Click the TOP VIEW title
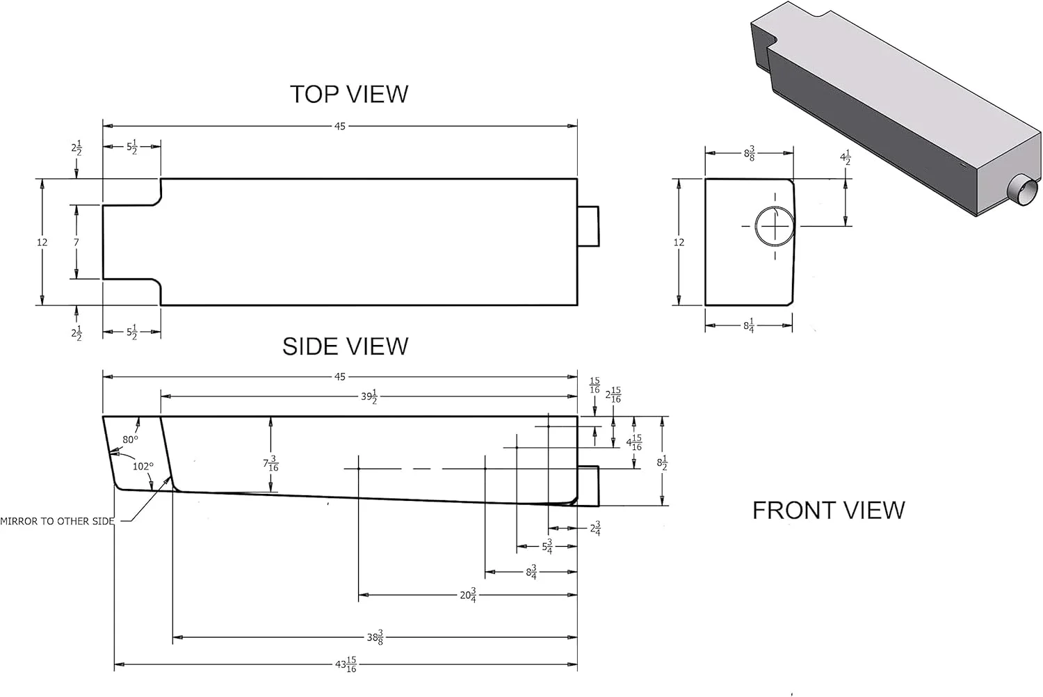pyautogui.click(x=348, y=94)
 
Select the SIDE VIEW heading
pyautogui.click(x=345, y=346)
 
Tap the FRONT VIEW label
pyautogui.click(x=828, y=511)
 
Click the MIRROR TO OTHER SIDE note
pyautogui.click(x=57, y=521)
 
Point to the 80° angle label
pyautogui.click(x=130, y=440)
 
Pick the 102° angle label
pyautogui.click(x=143, y=466)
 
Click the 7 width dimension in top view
pyautogui.click(x=76, y=242)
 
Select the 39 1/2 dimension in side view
pyautogui.click(x=369, y=396)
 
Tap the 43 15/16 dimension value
pyautogui.click(x=346, y=664)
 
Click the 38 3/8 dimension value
pyautogui.click(x=375, y=637)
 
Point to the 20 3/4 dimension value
pyautogui.click(x=468, y=595)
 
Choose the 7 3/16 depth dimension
pyautogui.click(x=270, y=463)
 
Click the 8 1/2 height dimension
pyautogui.click(x=662, y=463)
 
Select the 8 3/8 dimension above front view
pyautogui.click(x=749, y=154)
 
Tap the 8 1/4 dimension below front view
pyautogui.click(x=749, y=325)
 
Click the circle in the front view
pyautogui.click(x=775, y=226)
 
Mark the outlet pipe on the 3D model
pyautogui.click(x=1021, y=189)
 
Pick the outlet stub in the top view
pyautogui.click(x=588, y=226)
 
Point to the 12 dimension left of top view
pyautogui.click(x=42, y=242)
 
